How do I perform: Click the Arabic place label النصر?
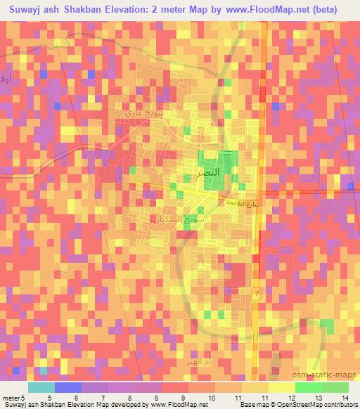(x=212, y=171)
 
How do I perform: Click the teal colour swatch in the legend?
(x=41, y=387)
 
